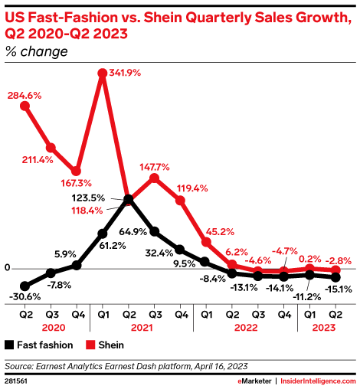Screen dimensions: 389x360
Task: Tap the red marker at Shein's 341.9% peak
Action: [x=103, y=74]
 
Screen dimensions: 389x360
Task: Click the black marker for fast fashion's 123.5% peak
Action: [x=129, y=199]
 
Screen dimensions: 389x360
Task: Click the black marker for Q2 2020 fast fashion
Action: [x=25, y=284]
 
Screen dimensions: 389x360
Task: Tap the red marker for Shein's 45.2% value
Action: [x=206, y=242]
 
